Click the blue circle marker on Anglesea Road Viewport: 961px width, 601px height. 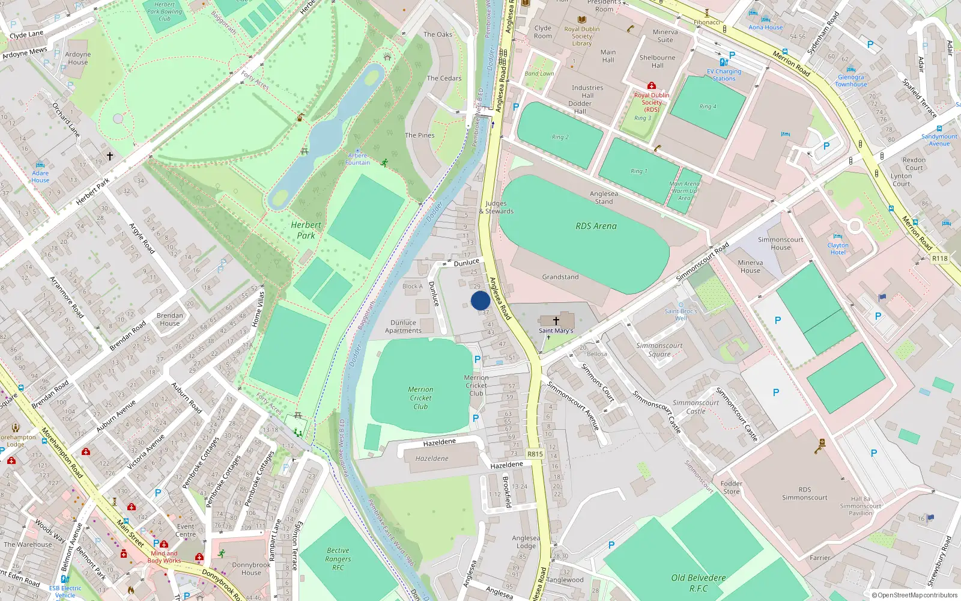[480, 300]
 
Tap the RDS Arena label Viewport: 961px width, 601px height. [596, 226]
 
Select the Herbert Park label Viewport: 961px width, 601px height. [306, 230]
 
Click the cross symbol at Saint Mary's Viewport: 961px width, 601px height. [556, 321]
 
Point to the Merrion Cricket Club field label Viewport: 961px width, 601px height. [420, 398]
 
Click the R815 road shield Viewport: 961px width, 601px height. [535, 454]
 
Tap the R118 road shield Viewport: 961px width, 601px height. [939, 258]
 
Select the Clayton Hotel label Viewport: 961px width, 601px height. [838, 249]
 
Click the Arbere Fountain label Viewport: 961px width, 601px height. [357, 159]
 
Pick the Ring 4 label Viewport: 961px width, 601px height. [708, 106]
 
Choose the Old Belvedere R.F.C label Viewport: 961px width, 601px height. [699, 583]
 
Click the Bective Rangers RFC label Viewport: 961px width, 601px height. [338, 558]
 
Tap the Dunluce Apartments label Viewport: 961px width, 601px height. [403, 326]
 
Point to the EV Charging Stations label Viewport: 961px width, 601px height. [724, 75]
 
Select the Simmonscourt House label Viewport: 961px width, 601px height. [780, 243]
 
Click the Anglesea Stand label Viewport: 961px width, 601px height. [604, 197]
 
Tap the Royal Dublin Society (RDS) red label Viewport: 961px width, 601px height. [652, 102]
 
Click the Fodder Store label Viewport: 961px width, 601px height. [731, 487]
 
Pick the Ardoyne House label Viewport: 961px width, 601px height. [78, 58]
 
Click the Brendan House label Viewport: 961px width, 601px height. [170, 319]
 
